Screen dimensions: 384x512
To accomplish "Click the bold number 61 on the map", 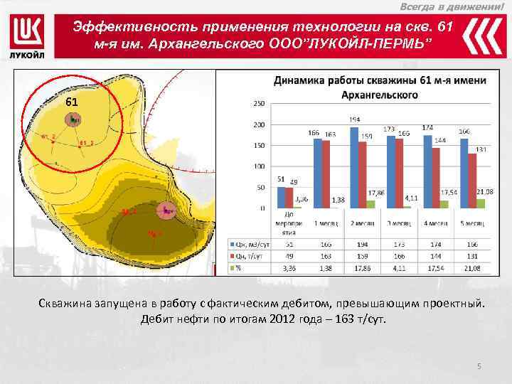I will pyautogui.click(x=71, y=102).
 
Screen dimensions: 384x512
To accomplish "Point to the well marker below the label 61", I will pyautogui.click(x=73, y=120).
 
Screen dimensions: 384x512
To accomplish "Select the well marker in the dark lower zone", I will pyautogui.click(x=166, y=210).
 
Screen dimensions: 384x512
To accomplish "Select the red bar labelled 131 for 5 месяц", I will pyautogui.click(x=472, y=181).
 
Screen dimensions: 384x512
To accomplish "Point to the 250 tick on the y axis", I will pyautogui.click(x=258, y=104).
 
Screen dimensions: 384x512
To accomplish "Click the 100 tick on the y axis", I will pyautogui.click(x=258, y=166).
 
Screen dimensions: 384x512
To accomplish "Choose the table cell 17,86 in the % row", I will pyautogui.click(x=362, y=268).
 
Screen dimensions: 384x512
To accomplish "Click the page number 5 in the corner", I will pyautogui.click(x=479, y=366).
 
